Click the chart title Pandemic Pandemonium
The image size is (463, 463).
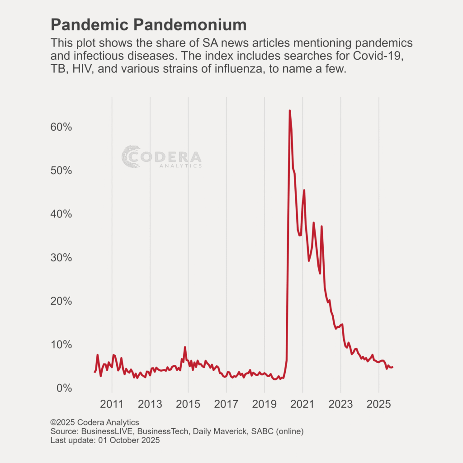pos(149,24)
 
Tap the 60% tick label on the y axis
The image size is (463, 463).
pos(61,127)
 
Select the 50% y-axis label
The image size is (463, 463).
pos(61,170)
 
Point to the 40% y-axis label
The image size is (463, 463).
pos(61,214)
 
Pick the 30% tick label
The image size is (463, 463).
pos(61,258)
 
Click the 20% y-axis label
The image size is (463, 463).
pos(61,301)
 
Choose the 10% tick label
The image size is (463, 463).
pos(61,345)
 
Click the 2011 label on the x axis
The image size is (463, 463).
pos(112,403)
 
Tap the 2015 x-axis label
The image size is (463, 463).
pos(188,403)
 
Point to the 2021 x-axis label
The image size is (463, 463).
pos(302,403)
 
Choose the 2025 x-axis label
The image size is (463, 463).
pos(379,403)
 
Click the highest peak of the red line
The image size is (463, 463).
pos(289,110)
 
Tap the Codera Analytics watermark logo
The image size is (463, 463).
pos(161,157)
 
